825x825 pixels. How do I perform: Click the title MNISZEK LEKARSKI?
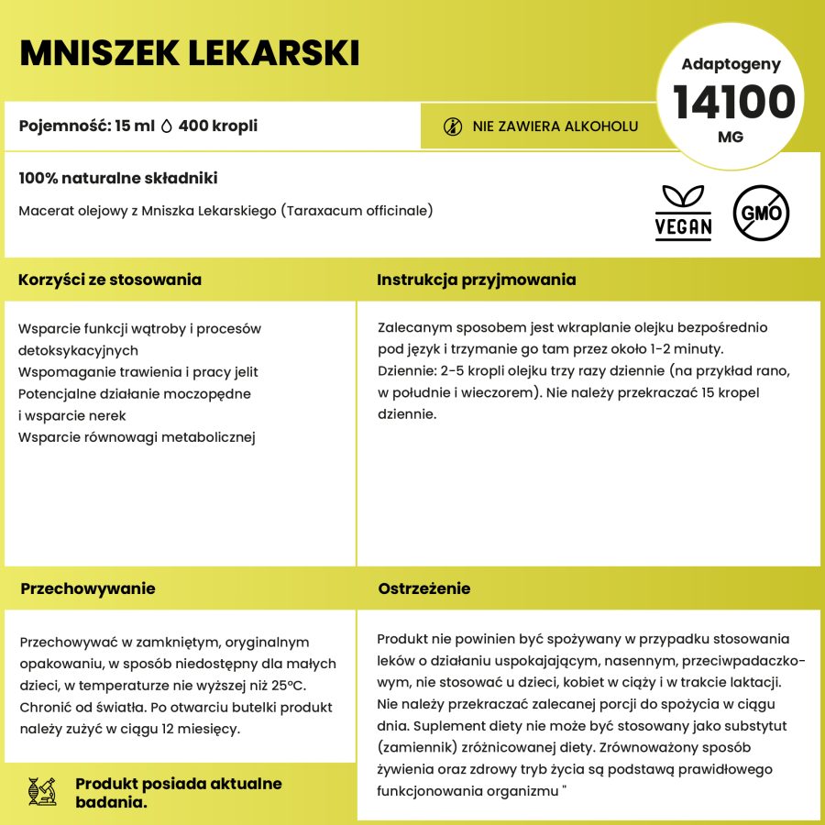(189, 53)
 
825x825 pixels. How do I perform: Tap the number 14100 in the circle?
(734, 102)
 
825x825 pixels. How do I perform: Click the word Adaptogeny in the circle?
(731, 64)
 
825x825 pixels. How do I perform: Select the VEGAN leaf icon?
(684, 212)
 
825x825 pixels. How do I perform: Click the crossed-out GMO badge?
(761, 214)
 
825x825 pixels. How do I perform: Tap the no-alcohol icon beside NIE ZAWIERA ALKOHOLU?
(452, 126)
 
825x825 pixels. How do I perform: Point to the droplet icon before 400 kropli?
(167, 126)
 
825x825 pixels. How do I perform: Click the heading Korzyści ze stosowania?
(110, 280)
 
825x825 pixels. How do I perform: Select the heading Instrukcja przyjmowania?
(476, 280)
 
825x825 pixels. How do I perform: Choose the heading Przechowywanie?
(87, 588)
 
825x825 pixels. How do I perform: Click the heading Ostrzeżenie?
(424, 588)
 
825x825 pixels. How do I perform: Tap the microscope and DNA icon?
(43, 792)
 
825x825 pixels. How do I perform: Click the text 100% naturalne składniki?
(117, 179)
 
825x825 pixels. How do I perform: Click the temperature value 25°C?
(290, 687)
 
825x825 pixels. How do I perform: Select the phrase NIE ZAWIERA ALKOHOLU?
(555, 126)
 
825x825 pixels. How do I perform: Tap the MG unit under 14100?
(731, 137)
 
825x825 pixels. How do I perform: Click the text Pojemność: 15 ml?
(86, 126)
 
